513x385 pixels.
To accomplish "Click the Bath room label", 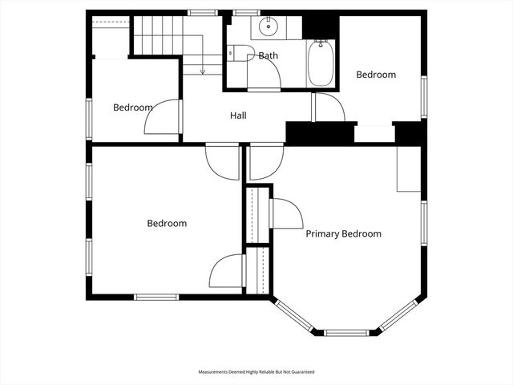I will [x=268, y=55].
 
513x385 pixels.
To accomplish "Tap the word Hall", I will [x=238, y=115].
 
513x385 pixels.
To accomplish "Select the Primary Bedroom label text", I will [x=343, y=234].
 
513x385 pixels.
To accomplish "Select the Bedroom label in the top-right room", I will [x=376, y=75].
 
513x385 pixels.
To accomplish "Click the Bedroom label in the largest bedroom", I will [x=167, y=224].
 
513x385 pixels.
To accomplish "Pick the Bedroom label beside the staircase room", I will [x=132, y=107].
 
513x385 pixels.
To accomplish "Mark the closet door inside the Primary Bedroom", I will [x=286, y=213].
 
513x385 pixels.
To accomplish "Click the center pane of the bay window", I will [x=345, y=332].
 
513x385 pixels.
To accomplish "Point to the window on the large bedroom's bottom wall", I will [x=156, y=298].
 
